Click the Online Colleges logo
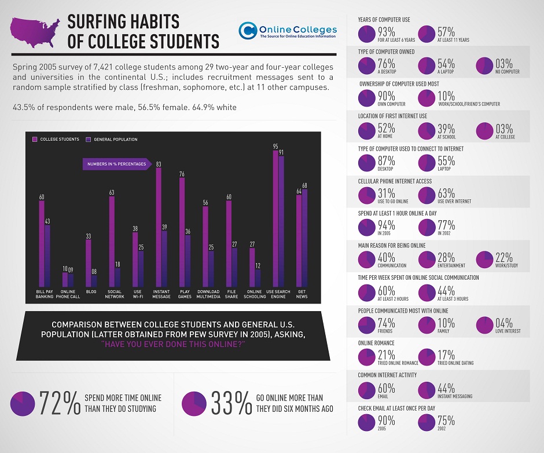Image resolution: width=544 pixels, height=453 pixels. pos(288,30)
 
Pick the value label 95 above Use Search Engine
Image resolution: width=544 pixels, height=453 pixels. pos(275,147)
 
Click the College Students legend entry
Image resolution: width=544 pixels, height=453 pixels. pos(58,140)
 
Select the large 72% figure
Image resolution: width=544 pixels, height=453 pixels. pos(60,404)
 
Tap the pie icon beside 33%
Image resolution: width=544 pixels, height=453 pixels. pos(193,404)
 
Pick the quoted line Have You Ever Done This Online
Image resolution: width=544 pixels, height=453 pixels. pos(174,344)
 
